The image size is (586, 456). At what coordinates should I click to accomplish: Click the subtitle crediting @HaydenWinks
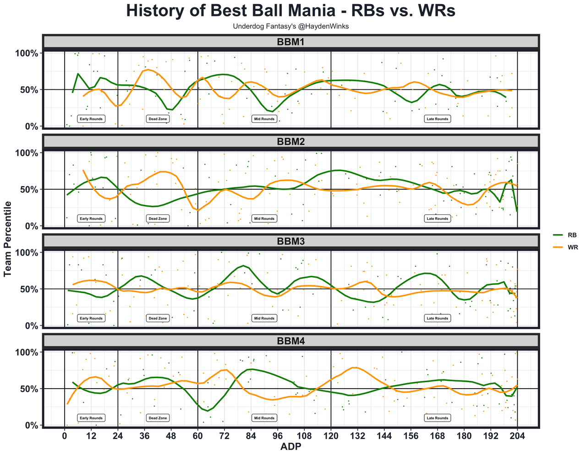coord(291,27)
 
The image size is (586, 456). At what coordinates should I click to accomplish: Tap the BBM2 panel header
coord(291,142)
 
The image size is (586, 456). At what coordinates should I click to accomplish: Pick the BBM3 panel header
coord(291,242)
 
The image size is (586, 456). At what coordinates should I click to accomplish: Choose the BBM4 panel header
coord(291,341)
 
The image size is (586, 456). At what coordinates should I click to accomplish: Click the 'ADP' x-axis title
coord(290,447)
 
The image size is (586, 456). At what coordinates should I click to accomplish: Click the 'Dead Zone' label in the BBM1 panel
coord(158,119)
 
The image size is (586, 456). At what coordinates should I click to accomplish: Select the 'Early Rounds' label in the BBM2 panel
coord(91,219)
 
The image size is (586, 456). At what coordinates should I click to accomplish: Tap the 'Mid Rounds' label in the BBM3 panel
coord(264,319)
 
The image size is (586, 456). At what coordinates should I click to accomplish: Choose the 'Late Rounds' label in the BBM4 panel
coord(437,418)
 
